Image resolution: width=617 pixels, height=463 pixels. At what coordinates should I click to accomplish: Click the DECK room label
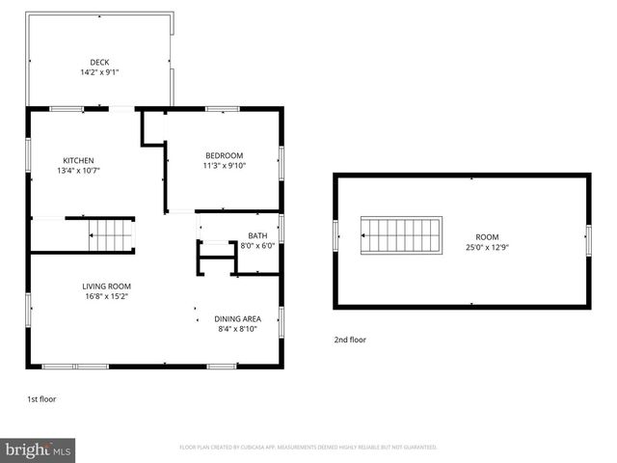tap(99, 63)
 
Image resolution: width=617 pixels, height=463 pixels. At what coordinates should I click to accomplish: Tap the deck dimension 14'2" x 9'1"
tap(99, 72)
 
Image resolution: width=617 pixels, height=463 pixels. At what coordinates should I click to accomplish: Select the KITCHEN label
tap(78, 160)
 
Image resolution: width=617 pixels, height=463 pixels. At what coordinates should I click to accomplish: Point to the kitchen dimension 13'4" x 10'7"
tap(78, 170)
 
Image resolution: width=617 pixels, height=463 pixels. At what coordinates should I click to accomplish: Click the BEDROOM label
tap(224, 155)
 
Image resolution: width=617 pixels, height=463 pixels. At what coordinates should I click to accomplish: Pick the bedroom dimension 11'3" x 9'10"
tap(224, 165)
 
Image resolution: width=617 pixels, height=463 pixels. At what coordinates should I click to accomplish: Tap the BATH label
tap(257, 235)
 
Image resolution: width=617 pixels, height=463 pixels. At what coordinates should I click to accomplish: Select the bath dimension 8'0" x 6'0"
tap(257, 245)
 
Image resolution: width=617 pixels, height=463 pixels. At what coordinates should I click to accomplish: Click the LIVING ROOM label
tap(106, 286)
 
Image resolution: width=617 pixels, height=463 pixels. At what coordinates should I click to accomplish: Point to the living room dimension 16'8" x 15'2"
tap(106, 296)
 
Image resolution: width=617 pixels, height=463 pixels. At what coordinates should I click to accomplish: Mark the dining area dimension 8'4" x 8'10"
tap(237, 329)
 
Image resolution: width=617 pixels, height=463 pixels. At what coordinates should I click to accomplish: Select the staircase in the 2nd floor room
tap(401, 235)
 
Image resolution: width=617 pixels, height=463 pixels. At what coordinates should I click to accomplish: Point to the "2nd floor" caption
tap(350, 340)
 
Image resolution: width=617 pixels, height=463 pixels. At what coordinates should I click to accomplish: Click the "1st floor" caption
tap(40, 398)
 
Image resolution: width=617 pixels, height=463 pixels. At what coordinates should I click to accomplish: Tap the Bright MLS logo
tap(39, 449)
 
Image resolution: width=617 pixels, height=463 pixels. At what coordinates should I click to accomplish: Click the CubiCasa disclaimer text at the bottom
tap(308, 448)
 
